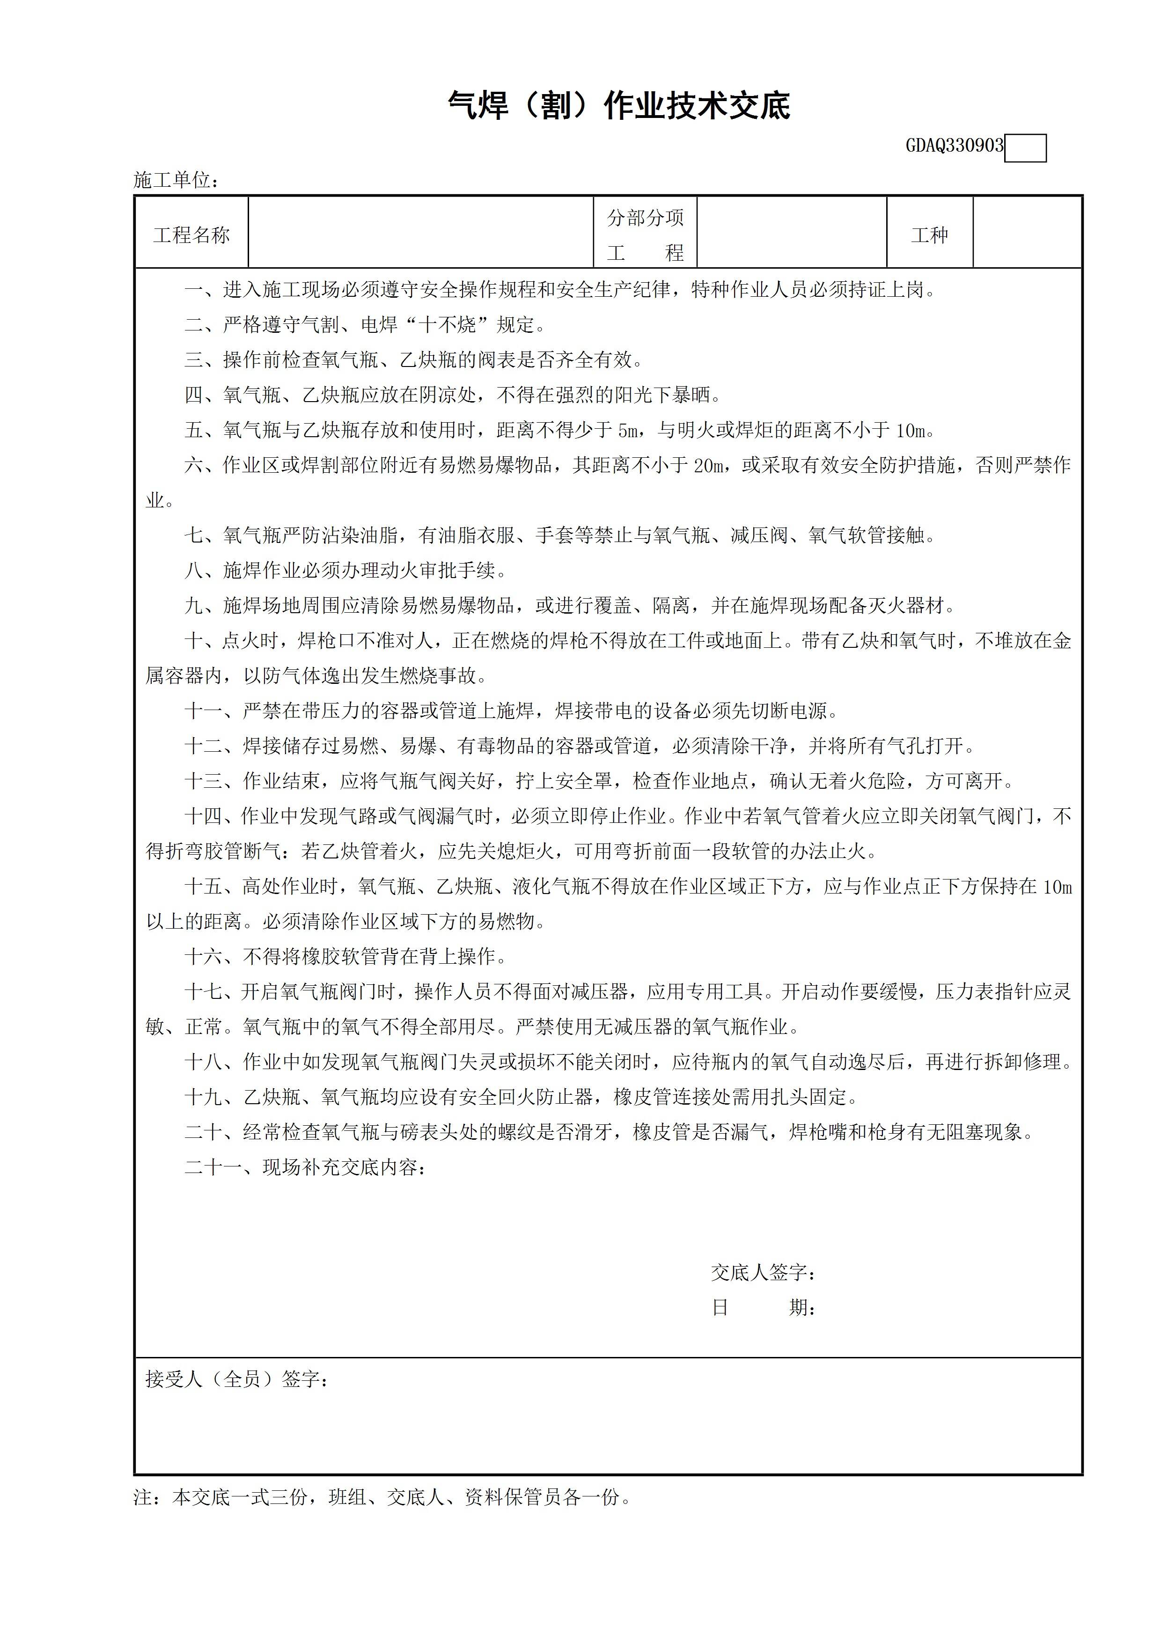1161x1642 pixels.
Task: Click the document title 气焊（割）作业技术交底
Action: point(619,105)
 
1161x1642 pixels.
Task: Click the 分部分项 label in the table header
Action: point(645,217)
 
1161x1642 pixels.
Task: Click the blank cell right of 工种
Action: point(1027,233)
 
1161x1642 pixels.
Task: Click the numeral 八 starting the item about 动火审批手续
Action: point(193,571)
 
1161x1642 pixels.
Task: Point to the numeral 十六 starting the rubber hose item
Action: point(203,957)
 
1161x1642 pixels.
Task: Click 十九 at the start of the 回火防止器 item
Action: point(203,1097)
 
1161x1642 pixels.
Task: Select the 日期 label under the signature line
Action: point(763,1307)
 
